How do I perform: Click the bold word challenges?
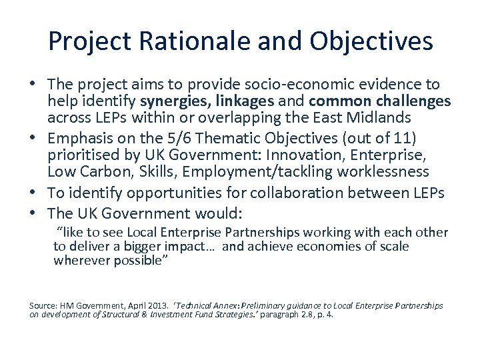coord(415,101)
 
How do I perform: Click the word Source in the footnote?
coord(43,305)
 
